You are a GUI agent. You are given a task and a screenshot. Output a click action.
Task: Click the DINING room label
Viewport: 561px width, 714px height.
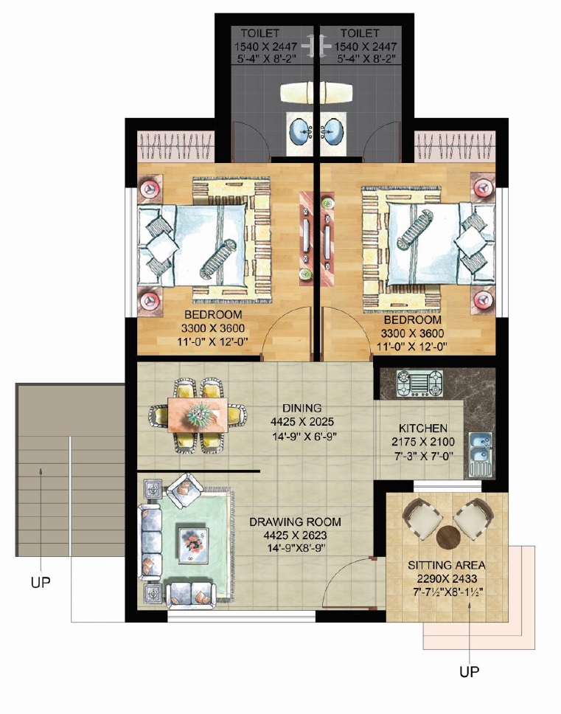coord(302,408)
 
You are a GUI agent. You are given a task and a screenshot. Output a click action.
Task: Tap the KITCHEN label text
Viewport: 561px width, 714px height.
coord(422,428)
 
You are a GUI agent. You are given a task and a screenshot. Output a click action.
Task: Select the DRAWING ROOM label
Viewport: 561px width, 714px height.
coord(295,521)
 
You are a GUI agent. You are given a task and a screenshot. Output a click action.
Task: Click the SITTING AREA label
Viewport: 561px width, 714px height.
coord(446,566)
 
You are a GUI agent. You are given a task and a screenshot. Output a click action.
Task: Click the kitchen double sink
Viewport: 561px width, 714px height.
coord(480,448)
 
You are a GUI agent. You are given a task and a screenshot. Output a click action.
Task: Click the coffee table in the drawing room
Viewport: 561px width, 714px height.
coord(194,546)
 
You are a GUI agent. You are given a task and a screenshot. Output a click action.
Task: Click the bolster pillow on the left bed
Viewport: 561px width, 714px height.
coord(217,259)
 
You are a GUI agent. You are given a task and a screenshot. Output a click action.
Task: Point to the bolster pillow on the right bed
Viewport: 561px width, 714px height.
coord(415,229)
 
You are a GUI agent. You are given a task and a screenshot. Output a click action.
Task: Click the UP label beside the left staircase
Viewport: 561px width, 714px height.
coord(41,582)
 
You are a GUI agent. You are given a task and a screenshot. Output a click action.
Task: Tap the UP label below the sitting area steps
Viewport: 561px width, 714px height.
coord(469,672)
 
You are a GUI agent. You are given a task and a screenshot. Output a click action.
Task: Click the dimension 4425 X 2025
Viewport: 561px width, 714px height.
coord(302,422)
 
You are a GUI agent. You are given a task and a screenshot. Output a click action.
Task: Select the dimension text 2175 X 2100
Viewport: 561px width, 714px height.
coord(422,442)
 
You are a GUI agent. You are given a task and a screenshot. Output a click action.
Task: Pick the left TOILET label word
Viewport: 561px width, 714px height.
coord(260,33)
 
